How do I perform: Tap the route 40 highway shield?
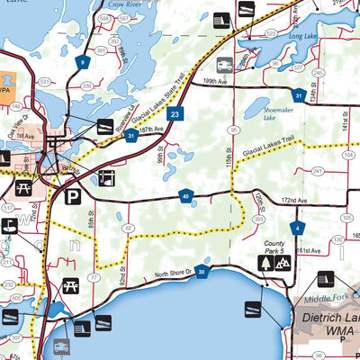click(x=185, y=195)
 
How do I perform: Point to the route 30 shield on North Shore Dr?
click(x=202, y=271)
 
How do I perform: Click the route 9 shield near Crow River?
click(x=82, y=62)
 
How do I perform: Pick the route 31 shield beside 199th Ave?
click(x=297, y=94)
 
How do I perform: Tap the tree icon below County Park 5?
click(x=265, y=263)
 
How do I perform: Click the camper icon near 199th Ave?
click(x=224, y=64)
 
